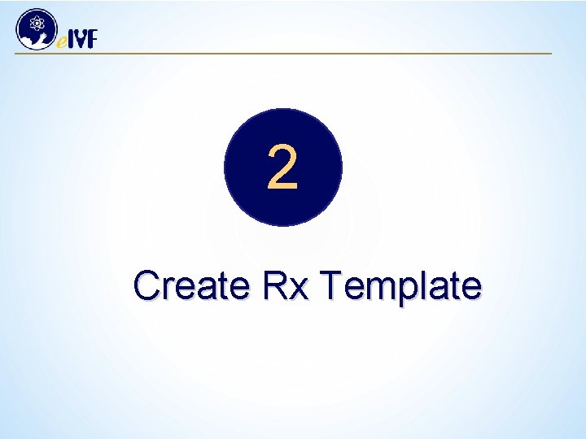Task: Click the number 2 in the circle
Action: click(282, 168)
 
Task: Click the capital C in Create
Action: click(147, 286)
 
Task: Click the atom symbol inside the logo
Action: click(37, 23)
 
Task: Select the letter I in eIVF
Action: click(71, 39)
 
